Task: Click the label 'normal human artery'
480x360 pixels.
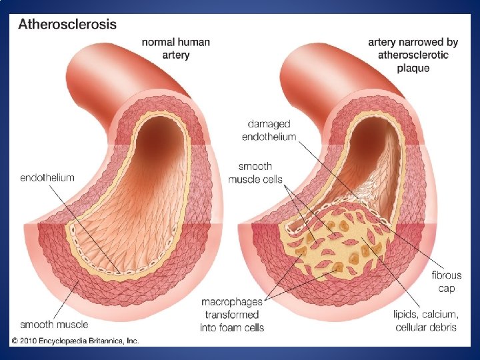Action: coord(176,48)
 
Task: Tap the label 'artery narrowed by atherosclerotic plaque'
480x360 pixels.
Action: coord(413,54)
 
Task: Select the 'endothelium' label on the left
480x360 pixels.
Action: coord(47,177)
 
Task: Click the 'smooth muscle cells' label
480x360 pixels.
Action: coord(255,173)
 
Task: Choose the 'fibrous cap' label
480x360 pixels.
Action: coord(447,281)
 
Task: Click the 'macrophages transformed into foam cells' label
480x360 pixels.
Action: coord(233,315)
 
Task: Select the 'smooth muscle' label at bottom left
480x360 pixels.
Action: coord(54,325)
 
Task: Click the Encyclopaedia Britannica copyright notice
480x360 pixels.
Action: coord(75,341)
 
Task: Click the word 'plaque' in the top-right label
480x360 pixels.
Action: coord(413,67)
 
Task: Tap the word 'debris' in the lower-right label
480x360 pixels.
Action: coord(443,327)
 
